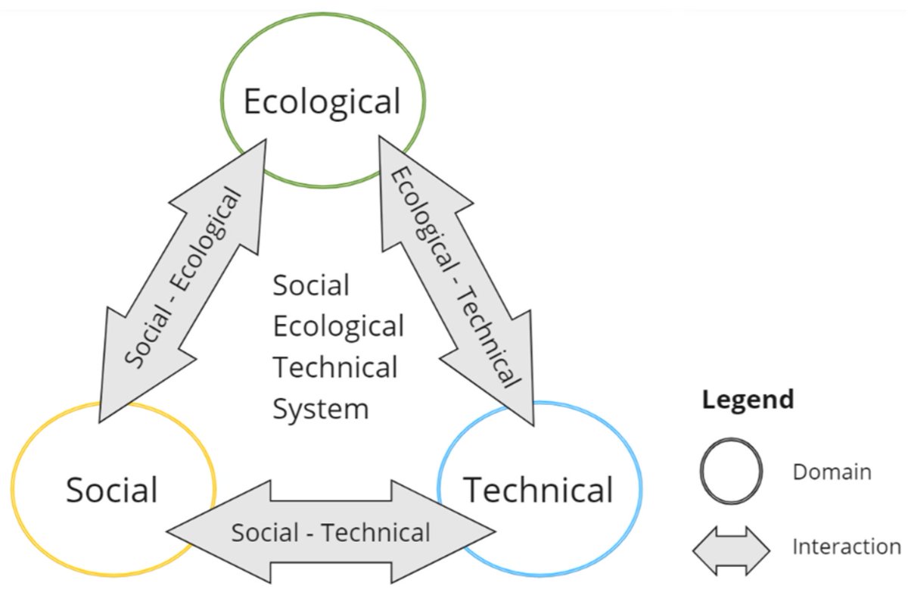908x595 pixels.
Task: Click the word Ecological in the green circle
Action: (322, 101)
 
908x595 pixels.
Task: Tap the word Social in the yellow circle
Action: (111, 490)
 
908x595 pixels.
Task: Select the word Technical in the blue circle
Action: (538, 490)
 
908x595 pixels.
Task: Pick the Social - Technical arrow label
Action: (331, 532)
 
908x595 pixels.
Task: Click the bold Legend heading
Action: (748, 399)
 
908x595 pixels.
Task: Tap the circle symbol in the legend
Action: (730, 472)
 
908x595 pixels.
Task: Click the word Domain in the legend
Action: (832, 472)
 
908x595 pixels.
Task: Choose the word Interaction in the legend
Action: (846, 547)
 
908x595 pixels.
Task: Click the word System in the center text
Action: (320, 409)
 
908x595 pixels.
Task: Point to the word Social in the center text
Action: (311, 286)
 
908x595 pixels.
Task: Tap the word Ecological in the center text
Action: (338, 327)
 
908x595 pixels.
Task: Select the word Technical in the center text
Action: (335, 368)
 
